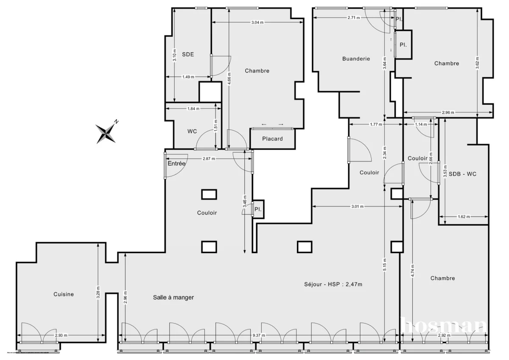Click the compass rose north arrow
[x=106, y=132]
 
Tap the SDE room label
[x=188, y=54]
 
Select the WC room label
[x=192, y=131]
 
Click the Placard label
[x=272, y=139]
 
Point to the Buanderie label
[x=356, y=59]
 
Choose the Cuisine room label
[x=64, y=294]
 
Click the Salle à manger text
[x=173, y=298]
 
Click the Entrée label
[x=176, y=163]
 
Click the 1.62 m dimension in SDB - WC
[x=464, y=217]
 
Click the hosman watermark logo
[x=443, y=326]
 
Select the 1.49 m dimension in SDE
[x=188, y=77]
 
